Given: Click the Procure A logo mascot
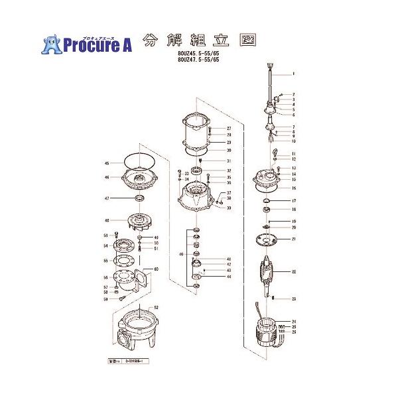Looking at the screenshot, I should pyautogui.click(x=52, y=44).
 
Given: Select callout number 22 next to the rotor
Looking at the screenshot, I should pyautogui.click(x=293, y=272).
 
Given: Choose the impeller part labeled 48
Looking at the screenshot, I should pyautogui.click(x=138, y=220).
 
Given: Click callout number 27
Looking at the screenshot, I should pyautogui.click(x=228, y=128).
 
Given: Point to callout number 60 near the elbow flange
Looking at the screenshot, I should pyautogui.click(x=157, y=269).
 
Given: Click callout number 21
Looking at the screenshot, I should pyautogui.click(x=293, y=239).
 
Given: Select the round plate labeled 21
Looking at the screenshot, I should pyautogui.click(x=268, y=239).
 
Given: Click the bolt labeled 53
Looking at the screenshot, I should pyautogui.click(x=117, y=235).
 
